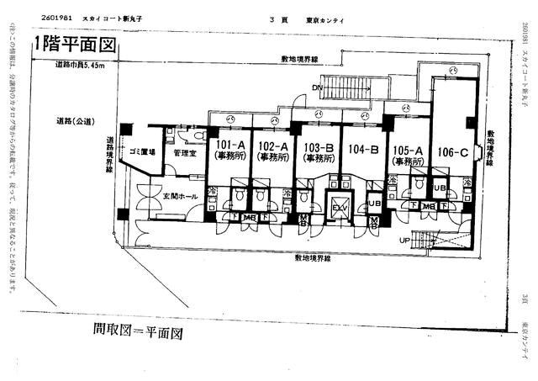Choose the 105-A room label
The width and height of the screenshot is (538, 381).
(407, 150)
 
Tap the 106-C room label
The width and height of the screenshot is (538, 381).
(452, 152)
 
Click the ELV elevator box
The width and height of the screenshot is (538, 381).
(340, 209)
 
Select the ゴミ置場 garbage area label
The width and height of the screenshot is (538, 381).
(140, 151)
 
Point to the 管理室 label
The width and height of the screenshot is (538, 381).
(183, 154)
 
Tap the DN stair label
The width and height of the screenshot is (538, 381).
(316, 87)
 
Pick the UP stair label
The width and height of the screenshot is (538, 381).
(405, 240)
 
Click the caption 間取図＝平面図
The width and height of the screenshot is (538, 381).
(138, 332)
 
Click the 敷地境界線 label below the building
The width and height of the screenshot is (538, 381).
(312, 258)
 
